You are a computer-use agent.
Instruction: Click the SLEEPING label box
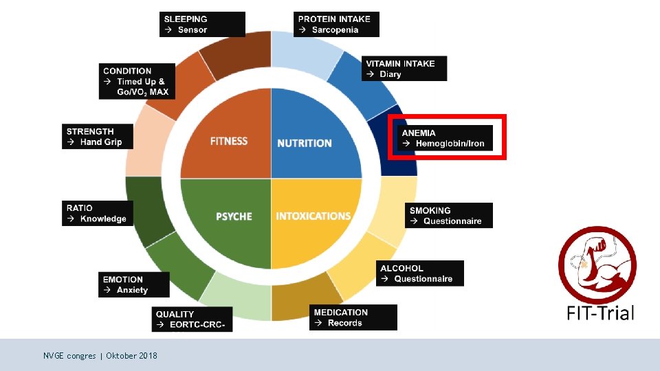click(x=203, y=24)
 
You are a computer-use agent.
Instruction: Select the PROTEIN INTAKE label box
click(x=335, y=24)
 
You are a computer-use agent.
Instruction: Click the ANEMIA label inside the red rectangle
click(x=445, y=138)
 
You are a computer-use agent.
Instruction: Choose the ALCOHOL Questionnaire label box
click(x=421, y=273)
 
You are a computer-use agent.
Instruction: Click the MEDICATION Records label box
click(x=353, y=317)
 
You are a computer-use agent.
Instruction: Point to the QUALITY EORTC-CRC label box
click(x=192, y=319)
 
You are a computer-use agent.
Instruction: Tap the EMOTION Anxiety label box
click(x=133, y=284)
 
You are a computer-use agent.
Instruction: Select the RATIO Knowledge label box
click(x=96, y=213)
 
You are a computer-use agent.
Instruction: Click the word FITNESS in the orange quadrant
click(x=229, y=142)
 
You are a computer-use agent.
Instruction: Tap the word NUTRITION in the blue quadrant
click(x=305, y=143)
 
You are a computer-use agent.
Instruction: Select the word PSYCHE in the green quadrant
click(x=234, y=216)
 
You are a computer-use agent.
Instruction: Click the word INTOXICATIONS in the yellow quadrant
click(x=313, y=216)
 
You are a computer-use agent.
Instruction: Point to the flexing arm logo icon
click(x=596, y=265)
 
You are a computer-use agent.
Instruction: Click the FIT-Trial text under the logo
click(x=600, y=313)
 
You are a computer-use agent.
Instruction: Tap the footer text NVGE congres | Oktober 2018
click(x=100, y=356)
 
